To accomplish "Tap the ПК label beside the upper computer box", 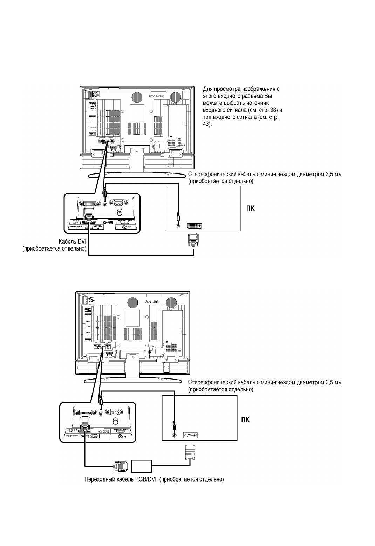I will pos(250,209).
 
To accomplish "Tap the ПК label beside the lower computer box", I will pos(245,419).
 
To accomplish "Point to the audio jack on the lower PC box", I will pos(174,435).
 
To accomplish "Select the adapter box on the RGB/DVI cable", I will pos(141,465).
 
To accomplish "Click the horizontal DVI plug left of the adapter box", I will pos(120,465).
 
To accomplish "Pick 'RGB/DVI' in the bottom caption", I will pos(145,479).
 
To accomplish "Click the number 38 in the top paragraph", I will pos(273,110).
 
